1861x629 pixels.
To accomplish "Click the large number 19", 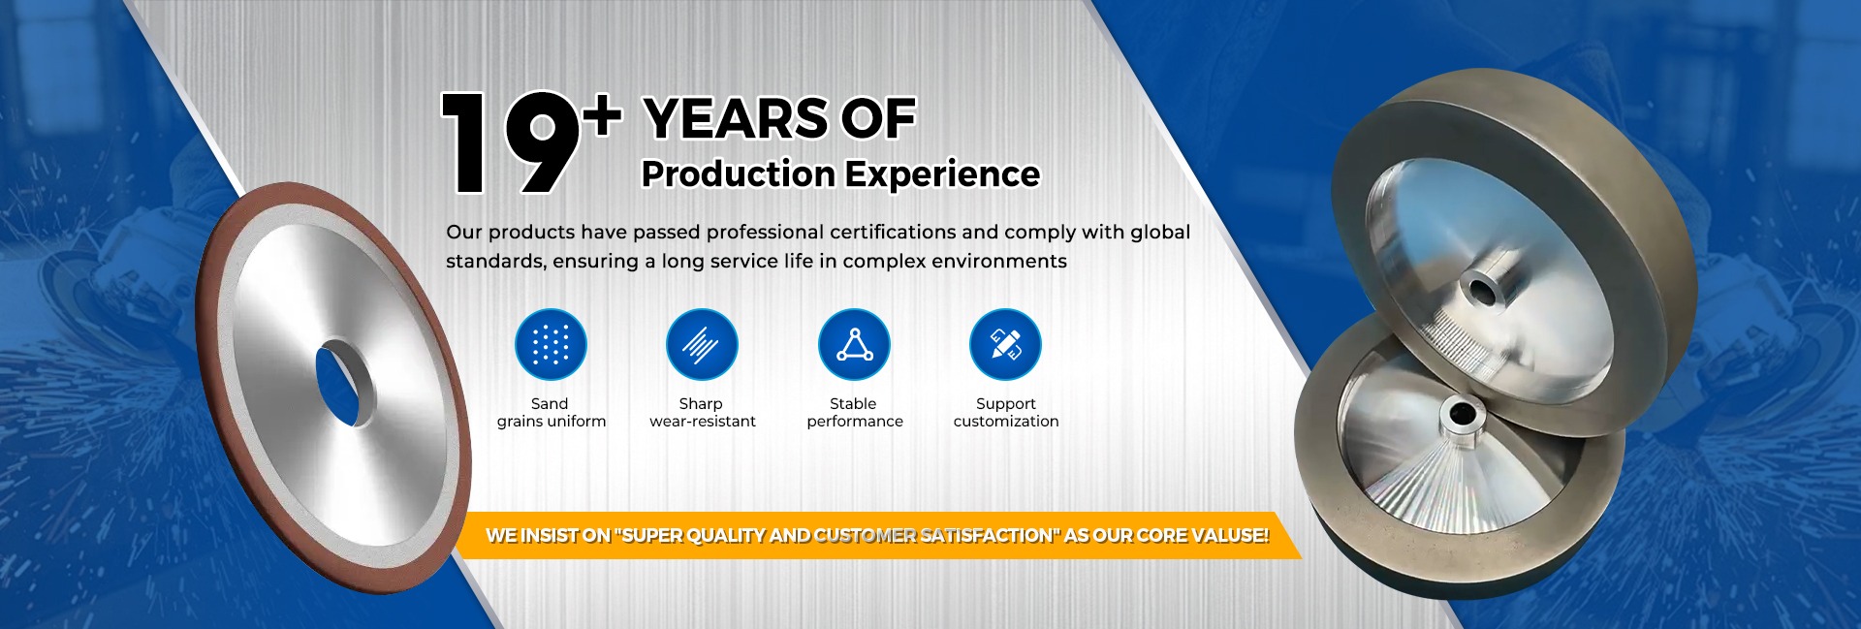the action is click(511, 143).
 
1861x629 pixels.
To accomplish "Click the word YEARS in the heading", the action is click(735, 119).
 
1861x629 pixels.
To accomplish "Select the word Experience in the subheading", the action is click(943, 174).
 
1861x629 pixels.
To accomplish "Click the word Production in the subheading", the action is click(739, 174).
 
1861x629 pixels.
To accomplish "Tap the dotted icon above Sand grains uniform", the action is click(551, 344).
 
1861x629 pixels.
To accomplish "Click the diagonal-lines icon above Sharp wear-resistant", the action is click(702, 344).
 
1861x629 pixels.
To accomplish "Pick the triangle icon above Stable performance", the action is click(854, 344).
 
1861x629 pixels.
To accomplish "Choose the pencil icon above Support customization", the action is click(1005, 344).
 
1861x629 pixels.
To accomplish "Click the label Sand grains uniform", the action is click(552, 413).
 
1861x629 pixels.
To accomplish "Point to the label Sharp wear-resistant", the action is click(703, 413).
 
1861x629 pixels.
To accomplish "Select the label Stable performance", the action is click(854, 413).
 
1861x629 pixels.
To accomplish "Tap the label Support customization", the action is click(1006, 413).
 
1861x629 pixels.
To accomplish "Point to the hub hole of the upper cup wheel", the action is click(1484, 289).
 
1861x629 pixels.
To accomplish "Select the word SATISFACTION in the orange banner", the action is click(989, 535).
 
